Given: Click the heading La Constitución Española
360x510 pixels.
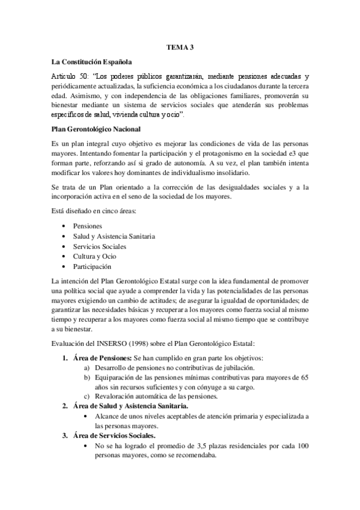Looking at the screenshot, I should (x=93, y=61).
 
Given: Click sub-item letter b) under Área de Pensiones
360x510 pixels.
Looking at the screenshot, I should (x=87, y=378).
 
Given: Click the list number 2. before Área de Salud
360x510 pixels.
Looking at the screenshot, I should (x=65, y=407).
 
